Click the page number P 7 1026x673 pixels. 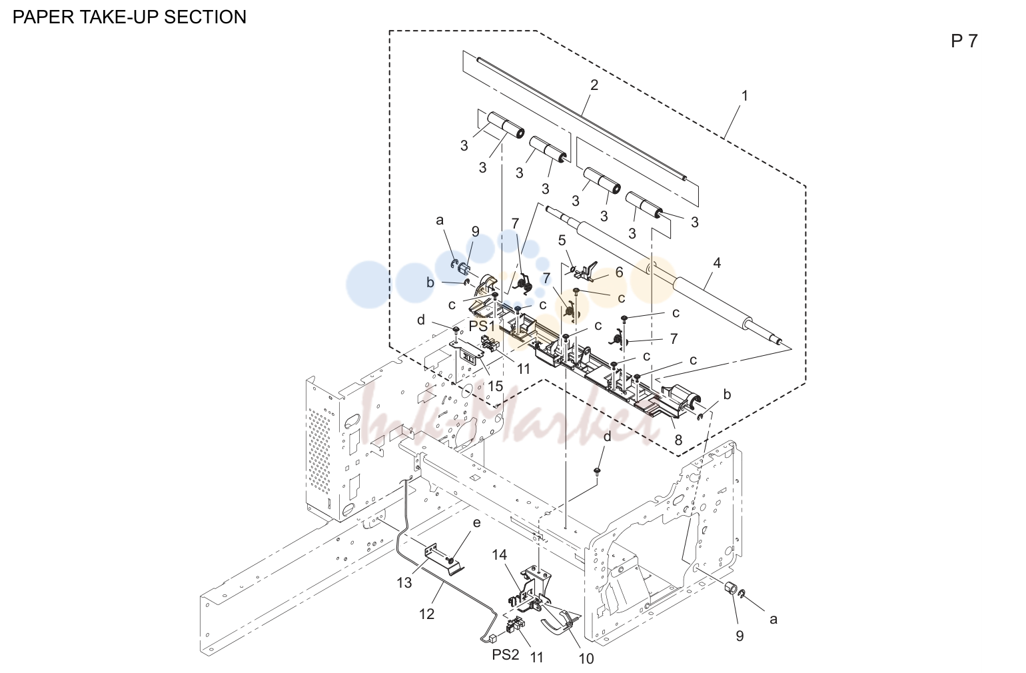pos(964,41)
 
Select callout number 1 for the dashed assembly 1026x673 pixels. pos(744,96)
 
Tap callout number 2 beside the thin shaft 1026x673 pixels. pos(594,85)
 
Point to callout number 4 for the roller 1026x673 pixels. pos(717,263)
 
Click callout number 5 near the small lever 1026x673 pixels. pos(562,240)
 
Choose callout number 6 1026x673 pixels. pos(619,272)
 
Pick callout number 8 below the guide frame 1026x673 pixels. pos(678,440)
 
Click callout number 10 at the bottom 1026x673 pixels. pos(586,658)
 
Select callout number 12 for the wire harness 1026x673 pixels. pos(426,614)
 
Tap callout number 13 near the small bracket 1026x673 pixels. pos(404,583)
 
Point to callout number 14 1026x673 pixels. pos(499,555)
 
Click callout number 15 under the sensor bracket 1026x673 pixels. pos(495,386)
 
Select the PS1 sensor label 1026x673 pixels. pos(482,327)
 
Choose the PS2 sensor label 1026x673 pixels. pos(506,654)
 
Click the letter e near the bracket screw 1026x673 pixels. pos(477,522)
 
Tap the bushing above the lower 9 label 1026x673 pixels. pos(731,588)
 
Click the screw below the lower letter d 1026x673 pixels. pos(597,470)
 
